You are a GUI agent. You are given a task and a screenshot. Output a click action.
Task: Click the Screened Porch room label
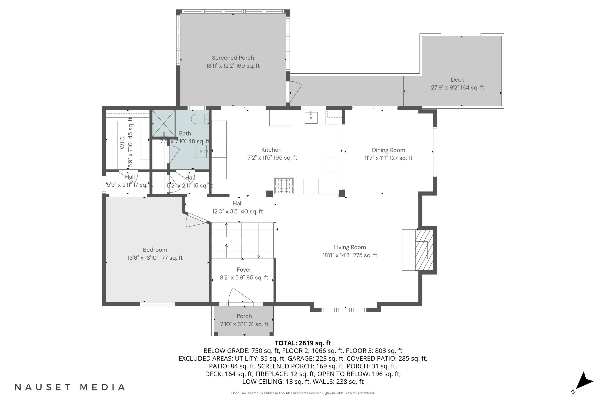click(233, 58)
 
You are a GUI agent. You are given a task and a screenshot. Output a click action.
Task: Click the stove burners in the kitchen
click(284, 186)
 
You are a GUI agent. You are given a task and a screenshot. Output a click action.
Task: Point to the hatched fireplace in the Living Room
click(424, 250)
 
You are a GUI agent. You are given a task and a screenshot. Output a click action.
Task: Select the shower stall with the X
click(163, 123)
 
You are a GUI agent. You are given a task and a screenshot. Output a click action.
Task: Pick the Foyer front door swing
click(238, 296)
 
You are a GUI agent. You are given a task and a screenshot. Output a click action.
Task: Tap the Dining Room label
click(388, 150)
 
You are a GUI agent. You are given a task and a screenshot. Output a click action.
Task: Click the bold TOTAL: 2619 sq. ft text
click(303, 343)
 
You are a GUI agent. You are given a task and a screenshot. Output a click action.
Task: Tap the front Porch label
click(244, 316)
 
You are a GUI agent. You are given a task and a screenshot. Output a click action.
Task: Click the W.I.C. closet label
click(122, 142)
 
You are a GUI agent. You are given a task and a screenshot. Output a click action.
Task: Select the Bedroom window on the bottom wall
click(157, 304)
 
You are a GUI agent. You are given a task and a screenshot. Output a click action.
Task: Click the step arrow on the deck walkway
click(412, 91)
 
